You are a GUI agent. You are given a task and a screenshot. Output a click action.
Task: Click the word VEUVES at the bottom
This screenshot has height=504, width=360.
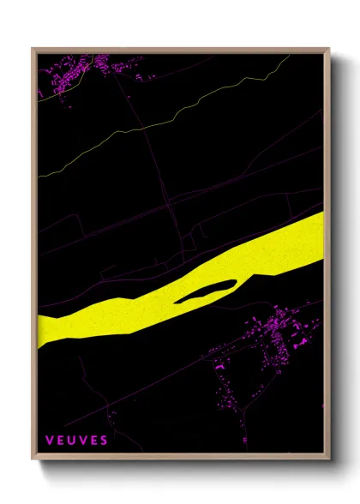[77, 441]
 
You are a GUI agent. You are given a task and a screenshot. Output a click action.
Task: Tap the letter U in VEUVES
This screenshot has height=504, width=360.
[76, 441]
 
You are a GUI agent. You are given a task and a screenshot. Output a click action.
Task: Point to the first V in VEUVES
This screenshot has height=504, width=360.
[51, 441]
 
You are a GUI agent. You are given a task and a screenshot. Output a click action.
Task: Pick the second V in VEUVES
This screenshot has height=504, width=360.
[86, 441]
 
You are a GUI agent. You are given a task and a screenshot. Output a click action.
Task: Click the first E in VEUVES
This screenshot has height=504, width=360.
[63, 441]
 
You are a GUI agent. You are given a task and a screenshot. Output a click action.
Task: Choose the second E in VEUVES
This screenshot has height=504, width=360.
[95, 441]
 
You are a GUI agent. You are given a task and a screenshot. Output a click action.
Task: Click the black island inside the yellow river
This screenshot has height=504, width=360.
[206, 291]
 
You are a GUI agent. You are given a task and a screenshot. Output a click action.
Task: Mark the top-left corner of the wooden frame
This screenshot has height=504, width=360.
[33, 50]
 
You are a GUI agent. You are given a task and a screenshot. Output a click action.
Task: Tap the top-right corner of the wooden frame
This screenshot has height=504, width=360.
[328, 50]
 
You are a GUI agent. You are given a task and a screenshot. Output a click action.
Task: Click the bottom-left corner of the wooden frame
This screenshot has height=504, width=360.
[33, 459]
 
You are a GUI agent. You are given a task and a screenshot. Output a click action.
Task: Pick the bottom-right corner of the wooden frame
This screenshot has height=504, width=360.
[328, 459]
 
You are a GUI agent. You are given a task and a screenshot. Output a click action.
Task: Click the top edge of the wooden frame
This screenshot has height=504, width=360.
[180, 50]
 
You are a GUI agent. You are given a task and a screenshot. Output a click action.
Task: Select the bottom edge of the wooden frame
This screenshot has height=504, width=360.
[180, 459]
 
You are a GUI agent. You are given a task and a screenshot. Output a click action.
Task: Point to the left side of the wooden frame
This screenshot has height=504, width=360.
[33, 257]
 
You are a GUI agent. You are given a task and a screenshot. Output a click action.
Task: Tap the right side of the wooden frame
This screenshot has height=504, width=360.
[327, 257]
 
